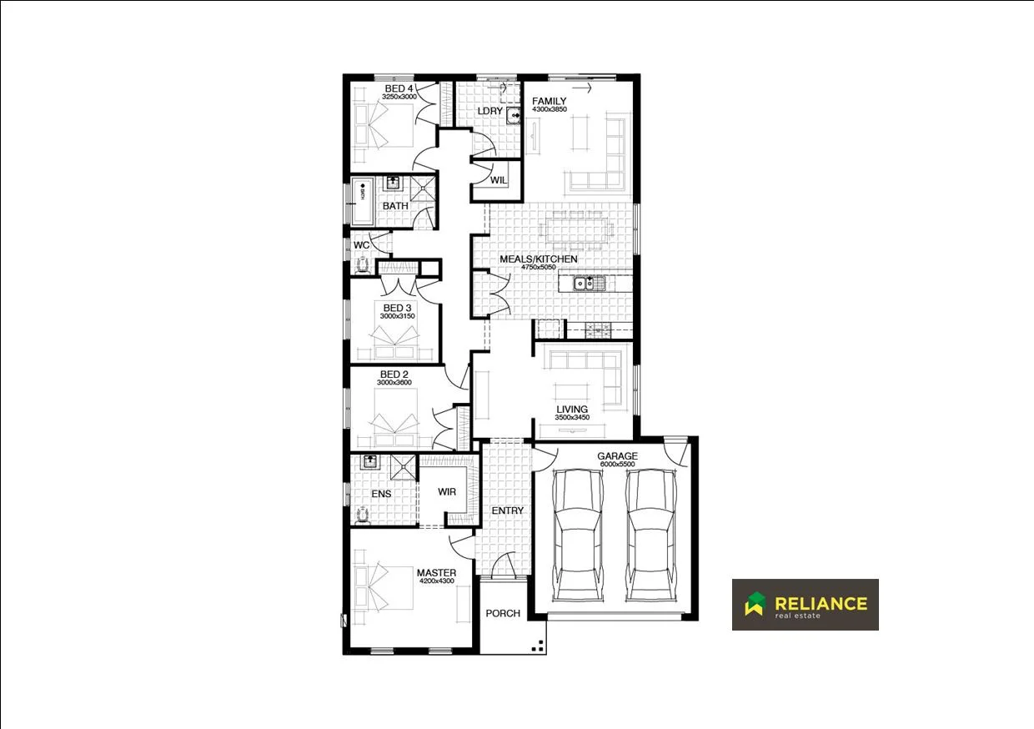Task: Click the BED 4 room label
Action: pyautogui.click(x=399, y=88)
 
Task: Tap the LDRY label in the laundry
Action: pyautogui.click(x=489, y=111)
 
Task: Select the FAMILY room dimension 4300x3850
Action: pyautogui.click(x=549, y=110)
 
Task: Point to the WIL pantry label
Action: pyautogui.click(x=499, y=180)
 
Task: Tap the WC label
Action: pyautogui.click(x=361, y=245)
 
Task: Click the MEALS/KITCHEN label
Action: pyautogui.click(x=538, y=259)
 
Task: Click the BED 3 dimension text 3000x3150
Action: pyautogui.click(x=397, y=316)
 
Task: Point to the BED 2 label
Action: pyautogui.click(x=394, y=375)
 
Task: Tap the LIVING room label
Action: pyautogui.click(x=572, y=410)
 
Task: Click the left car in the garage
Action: pyautogui.click(x=578, y=534)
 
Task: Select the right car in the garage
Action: pyautogui.click(x=653, y=534)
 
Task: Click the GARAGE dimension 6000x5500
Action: pyautogui.click(x=617, y=465)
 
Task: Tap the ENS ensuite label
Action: pyautogui.click(x=381, y=494)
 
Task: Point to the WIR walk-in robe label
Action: pyautogui.click(x=447, y=492)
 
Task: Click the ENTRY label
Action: pyautogui.click(x=507, y=510)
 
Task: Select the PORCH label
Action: pyautogui.click(x=503, y=613)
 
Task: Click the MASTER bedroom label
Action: pyautogui.click(x=436, y=572)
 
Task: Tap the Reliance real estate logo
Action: pyautogui.click(x=805, y=605)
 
